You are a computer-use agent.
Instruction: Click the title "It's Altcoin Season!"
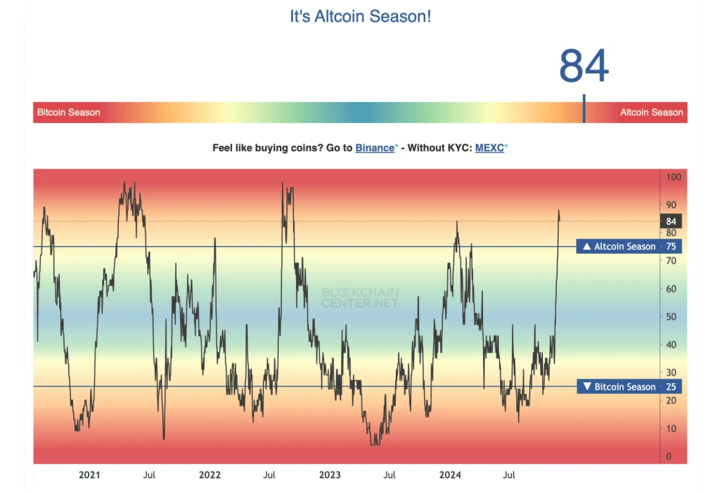coord(360,16)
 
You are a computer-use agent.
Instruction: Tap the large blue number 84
coord(584,67)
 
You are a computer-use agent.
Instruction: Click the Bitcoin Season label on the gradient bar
coord(68,113)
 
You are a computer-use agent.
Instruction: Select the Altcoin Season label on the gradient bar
coord(651,113)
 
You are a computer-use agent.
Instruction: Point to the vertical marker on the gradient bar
coord(584,110)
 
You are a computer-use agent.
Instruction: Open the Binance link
coord(375,148)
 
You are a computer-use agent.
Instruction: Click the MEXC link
coord(489,148)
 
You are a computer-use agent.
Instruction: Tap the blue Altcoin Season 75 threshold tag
coord(629,247)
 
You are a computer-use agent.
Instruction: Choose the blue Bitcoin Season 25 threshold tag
coord(629,387)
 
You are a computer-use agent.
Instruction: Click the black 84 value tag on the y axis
coord(671,222)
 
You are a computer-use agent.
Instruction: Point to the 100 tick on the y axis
coord(674,177)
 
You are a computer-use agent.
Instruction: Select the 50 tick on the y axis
coord(671,317)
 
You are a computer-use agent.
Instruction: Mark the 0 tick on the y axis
coord(669,457)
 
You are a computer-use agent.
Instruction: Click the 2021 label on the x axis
coord(89,475)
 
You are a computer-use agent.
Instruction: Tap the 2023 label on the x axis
coord(330,475)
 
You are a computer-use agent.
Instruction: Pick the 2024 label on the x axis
coord(449,475)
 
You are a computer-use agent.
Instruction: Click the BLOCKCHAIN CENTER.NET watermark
coord(360,297)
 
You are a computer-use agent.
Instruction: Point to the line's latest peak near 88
coord(559,210)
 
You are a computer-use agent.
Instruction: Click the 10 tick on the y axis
coord(671,429)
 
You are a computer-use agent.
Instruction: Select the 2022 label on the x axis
coord(210,475)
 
